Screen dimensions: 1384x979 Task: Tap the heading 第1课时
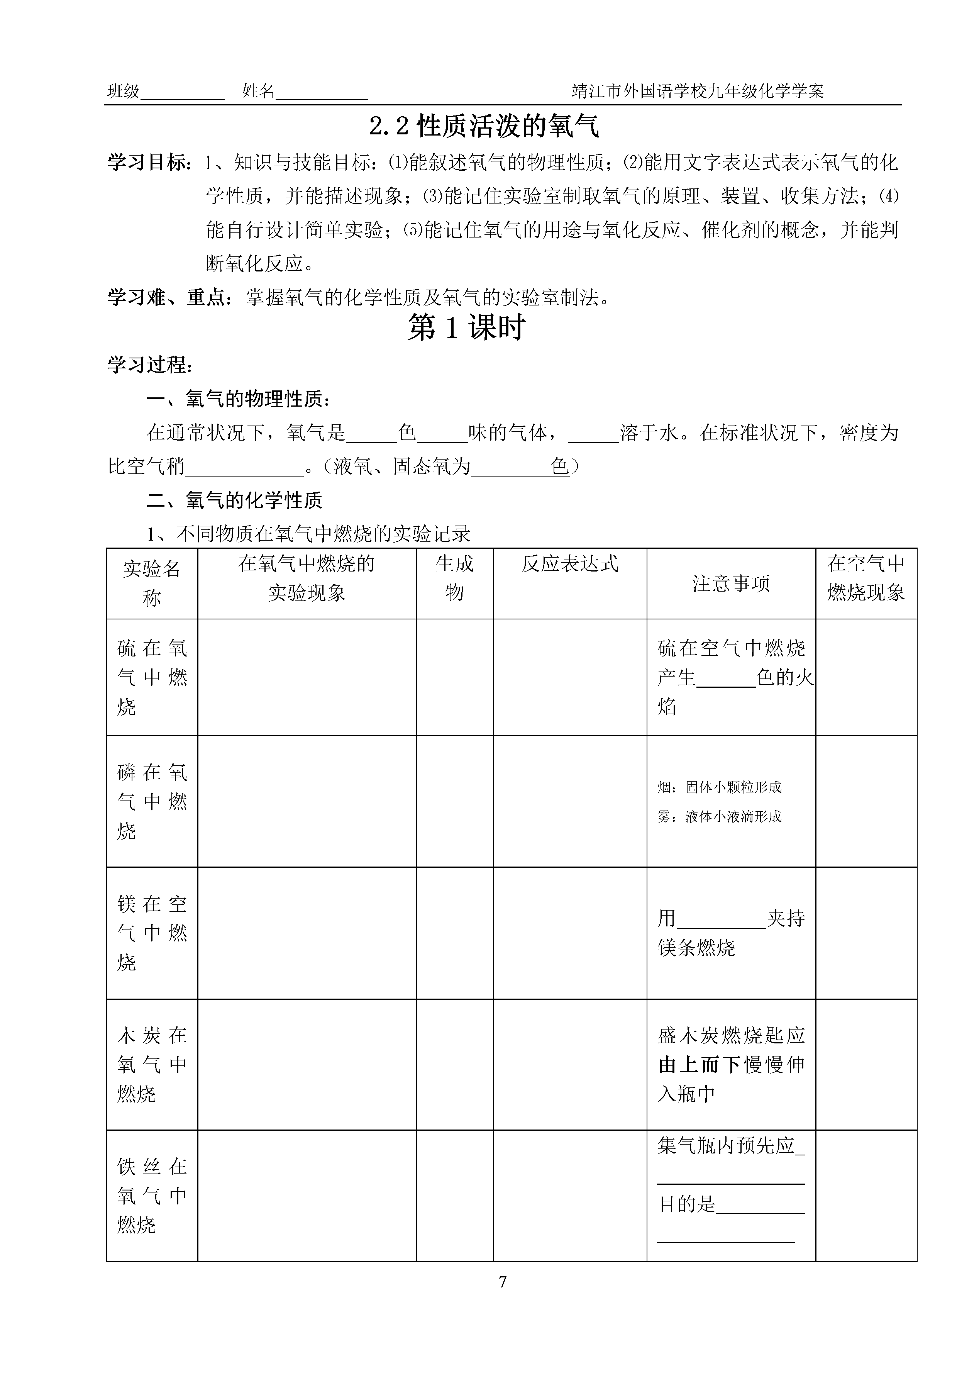(466, 329)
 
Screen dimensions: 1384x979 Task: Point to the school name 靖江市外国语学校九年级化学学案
(698, 92)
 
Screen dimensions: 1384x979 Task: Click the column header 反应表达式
(570, 564)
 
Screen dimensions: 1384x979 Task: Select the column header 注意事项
(731, 583)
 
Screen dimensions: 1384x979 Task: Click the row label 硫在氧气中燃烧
(152, 677)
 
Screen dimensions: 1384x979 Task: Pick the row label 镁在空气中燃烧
(152, 933)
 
